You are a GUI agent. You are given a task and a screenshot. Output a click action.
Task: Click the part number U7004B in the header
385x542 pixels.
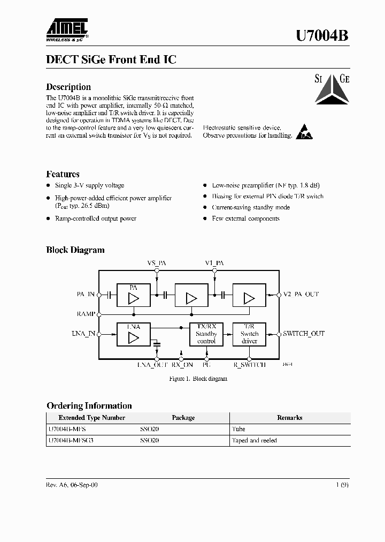pyautogui.click(x=322, y=35)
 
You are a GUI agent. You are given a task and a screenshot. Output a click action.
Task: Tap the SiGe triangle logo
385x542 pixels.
pyautogui.click(x=331, y=87)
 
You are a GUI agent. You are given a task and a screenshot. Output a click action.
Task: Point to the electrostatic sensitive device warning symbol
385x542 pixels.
pyautogui.click(x=304, y=132)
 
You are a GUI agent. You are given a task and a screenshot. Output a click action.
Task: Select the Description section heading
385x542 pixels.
pyautogui.click(x=68, y=87)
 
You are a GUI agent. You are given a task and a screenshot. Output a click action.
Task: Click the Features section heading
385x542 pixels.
pyautogui.click(x=63, y=174)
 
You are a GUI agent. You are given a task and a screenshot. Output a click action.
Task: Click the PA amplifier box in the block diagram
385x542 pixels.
pyautogui.click(x=133, y=294)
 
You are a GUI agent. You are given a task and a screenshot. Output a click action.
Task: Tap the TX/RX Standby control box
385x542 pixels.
pyautogui.click(x=206, y=334)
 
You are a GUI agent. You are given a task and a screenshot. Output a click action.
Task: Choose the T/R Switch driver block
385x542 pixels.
pyautogui.click(x=249, y=334)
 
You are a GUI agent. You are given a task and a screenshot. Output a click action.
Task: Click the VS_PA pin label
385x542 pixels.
pyautogui.click(x=156, y=263)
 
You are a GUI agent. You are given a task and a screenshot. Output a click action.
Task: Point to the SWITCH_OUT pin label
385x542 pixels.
pyautogui.click(x=304, y=334)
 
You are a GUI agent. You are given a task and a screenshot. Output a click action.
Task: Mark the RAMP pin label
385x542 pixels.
pyautogui.click(x=86, y=314)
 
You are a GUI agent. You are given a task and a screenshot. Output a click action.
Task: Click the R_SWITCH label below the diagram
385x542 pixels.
pyautogui.click(x=250, y=365)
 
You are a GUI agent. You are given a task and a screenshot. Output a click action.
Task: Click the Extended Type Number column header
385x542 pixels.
pyautogui.click(x=92, y=418)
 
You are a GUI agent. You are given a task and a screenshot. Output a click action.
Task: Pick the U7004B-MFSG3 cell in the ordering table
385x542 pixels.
pyautogui.click(x=67, y=440)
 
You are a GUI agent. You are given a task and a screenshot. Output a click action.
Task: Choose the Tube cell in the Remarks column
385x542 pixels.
pyautogui.click(x=238, y=429)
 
